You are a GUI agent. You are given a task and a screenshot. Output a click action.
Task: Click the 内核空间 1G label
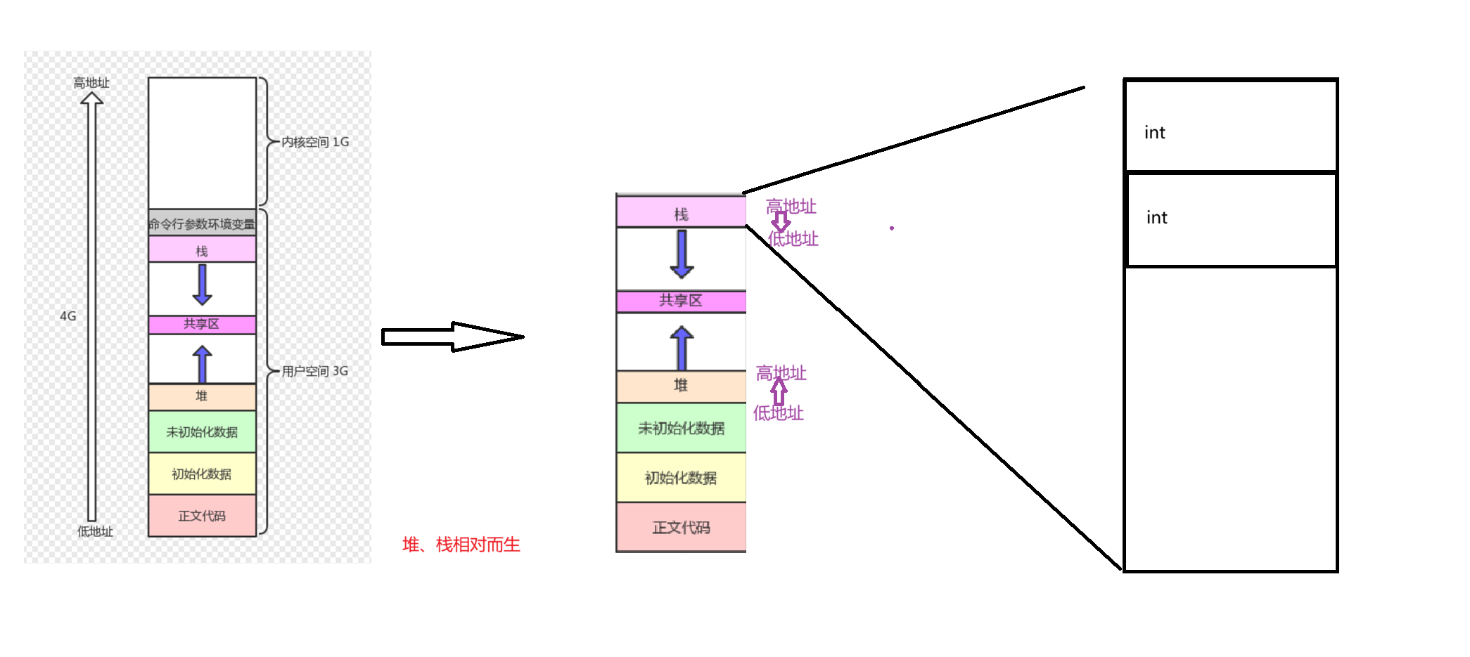315,142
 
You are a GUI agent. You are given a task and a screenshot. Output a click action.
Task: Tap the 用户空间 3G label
315,371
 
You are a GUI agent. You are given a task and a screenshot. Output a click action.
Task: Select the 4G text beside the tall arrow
68,316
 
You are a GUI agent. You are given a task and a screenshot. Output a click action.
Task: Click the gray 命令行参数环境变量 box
202,223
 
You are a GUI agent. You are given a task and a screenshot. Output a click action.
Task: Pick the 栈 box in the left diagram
202,250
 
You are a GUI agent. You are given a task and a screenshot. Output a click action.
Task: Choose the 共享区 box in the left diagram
202,324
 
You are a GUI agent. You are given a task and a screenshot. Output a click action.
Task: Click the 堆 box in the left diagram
202,396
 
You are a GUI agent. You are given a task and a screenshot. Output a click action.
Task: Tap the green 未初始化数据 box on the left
202,431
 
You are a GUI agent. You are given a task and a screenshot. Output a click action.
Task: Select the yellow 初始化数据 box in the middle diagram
681,478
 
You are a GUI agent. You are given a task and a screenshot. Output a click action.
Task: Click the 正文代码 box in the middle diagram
681,527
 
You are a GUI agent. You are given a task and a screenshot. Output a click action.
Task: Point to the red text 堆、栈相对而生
461,545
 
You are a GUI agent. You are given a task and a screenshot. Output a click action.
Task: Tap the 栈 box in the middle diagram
681,213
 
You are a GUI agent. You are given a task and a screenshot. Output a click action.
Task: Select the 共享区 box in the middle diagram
681,301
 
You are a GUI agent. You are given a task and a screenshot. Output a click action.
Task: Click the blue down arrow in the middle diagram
682,254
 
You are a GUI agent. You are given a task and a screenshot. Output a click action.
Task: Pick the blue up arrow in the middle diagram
682,347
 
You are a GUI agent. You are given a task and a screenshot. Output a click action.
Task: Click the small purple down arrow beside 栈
781,222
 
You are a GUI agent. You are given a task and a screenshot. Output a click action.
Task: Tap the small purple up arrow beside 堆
779,392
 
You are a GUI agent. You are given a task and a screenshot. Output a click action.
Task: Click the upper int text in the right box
1154,133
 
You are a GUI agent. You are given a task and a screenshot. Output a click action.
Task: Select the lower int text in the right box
1156,218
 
